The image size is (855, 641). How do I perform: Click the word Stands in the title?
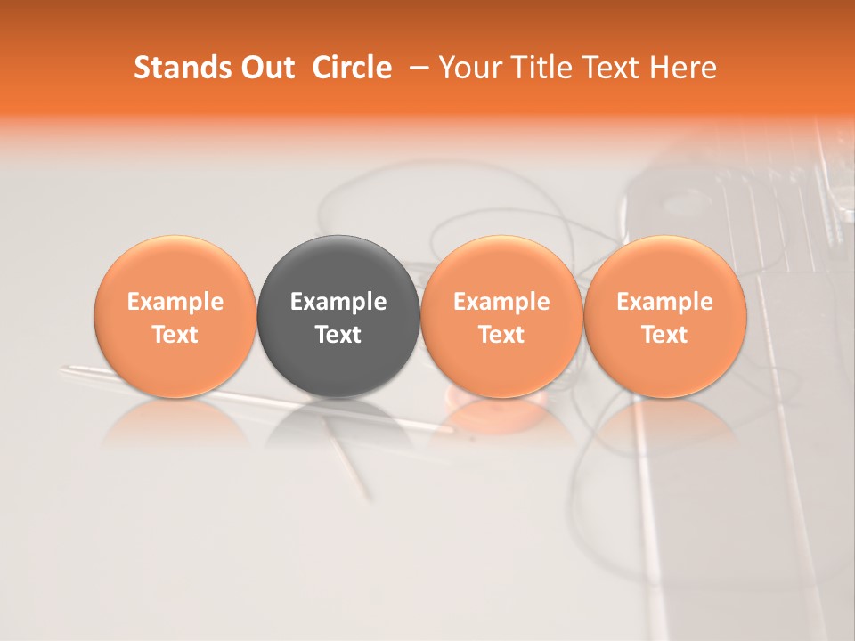pyautogui.click(x=181, y=68)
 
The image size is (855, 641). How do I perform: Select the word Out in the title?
pyautogui.click(x=265, y=68)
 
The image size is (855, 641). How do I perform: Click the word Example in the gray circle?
pyautogui.click(x=338, y=302)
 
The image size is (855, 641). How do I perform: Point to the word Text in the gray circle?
pyautogui.click(x=338, y=335)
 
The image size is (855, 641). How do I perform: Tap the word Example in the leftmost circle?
pyautogui.click(x=175, y=302)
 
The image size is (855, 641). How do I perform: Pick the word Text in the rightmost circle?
pyautogui.click(x=665, y=335)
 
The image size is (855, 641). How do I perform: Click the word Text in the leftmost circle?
pyautogui.click(x=175, y=335)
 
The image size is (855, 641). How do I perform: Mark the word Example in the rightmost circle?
pyautogui.click(x=665, y=302)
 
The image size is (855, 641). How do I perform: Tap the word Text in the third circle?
pyautogui.click(x=501, y=335)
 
